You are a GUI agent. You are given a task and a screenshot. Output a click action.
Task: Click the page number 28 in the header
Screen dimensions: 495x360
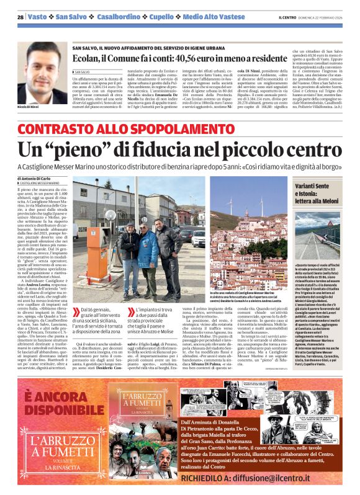coord(20,17)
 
